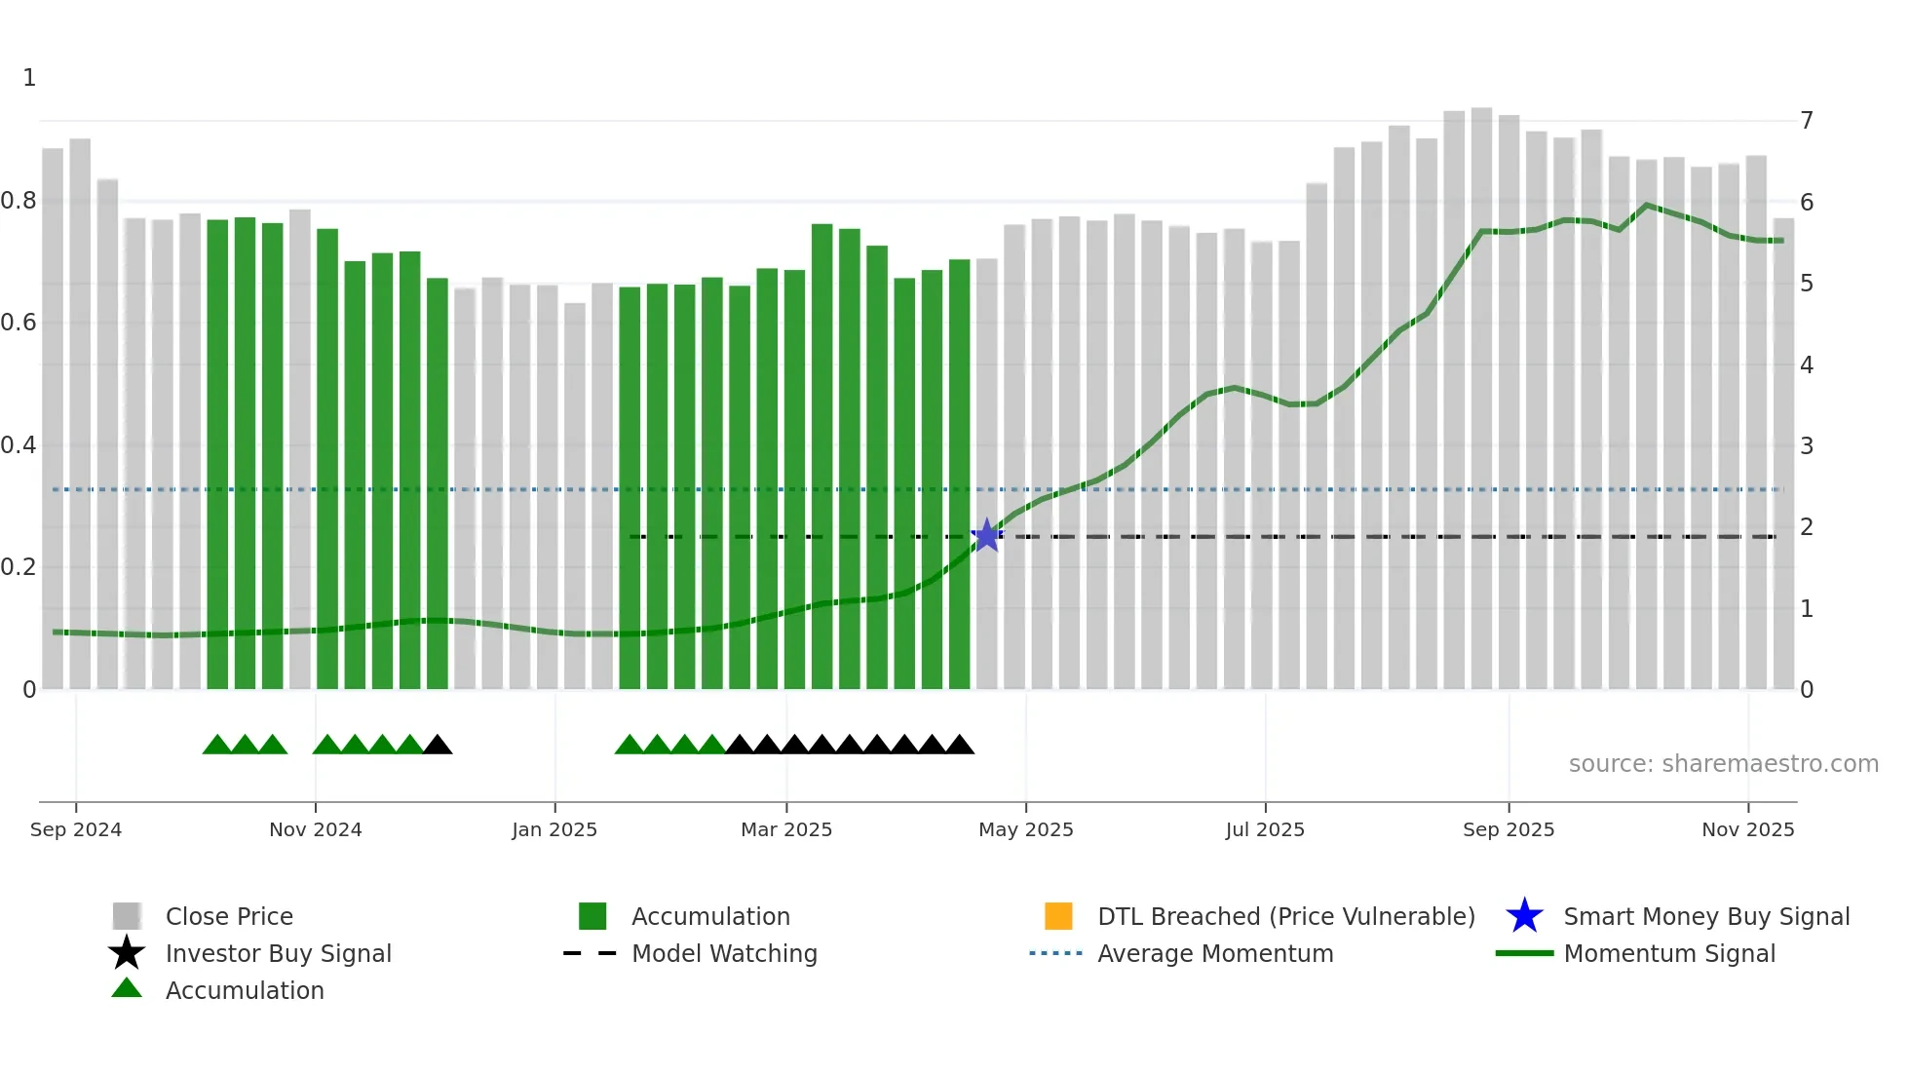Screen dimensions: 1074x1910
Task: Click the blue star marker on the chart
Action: (x=987, y=535)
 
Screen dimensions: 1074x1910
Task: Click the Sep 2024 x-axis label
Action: (x=76, y=829)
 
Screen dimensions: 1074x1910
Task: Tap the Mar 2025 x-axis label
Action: (x=786, y=829)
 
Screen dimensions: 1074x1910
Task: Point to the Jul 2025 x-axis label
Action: (x=1265, y=829)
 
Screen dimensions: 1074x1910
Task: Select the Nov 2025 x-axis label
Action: (x=1747, y=829)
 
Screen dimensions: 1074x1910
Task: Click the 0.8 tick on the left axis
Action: (x=19, y=201)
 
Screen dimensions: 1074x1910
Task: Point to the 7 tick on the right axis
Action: (x=1807, y=121)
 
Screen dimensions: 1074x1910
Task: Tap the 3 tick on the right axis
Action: (x=1807, y=446)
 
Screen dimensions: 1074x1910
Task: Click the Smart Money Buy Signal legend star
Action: (x=1524, y=916)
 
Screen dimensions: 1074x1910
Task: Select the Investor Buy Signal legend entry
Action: (x=278, y=953)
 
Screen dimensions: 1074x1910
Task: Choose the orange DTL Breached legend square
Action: (x=1058, y=916)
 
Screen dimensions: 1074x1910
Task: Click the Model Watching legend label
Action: (x=724, y=953)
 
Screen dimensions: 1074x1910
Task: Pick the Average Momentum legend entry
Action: (x=1215, y=953)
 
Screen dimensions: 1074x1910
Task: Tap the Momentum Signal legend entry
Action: (x=1668, y=953)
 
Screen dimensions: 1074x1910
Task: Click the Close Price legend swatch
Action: (x=127, y=916)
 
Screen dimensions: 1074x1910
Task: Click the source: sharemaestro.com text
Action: (x=1723, y=763)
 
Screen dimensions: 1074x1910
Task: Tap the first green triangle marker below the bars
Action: (x=216, y=746)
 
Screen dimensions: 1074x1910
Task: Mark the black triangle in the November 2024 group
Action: (x=438, y=746)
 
